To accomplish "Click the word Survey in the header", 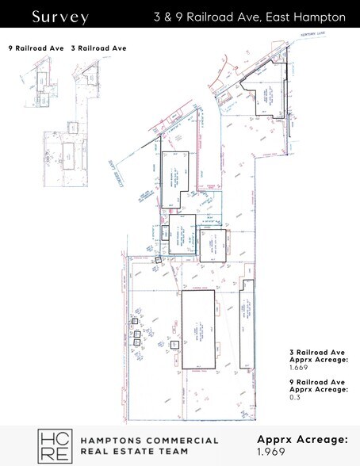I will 60,17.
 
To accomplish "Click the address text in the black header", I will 250,17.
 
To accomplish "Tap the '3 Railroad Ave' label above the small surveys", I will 99,48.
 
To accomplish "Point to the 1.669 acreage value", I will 300,369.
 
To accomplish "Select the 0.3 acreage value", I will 295,397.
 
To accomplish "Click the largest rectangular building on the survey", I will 198,329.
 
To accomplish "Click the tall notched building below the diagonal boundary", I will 175,178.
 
